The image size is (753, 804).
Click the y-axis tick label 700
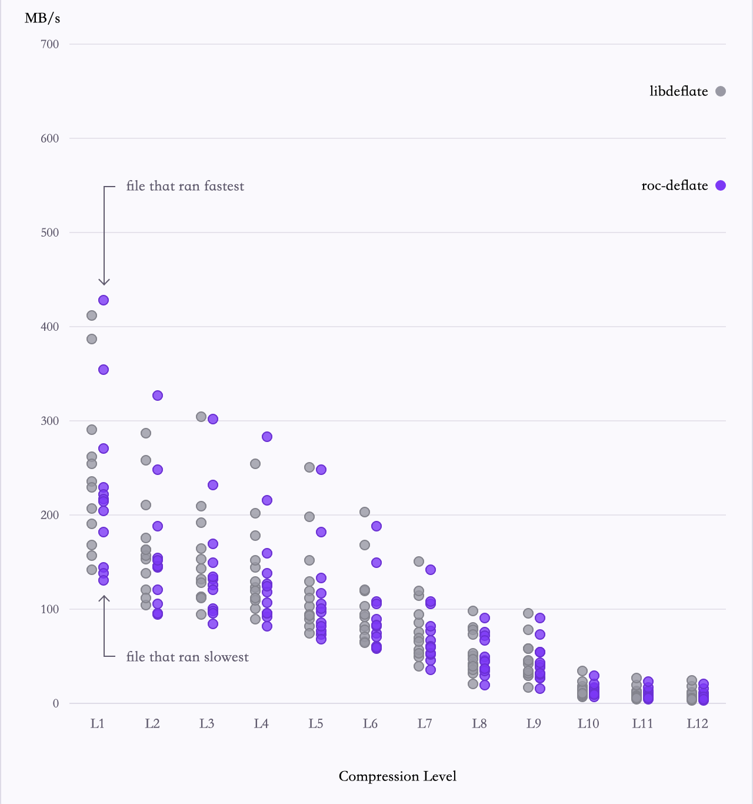[50, 44]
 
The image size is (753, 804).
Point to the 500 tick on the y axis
[50, 232]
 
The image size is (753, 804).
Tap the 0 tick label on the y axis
[56, 703]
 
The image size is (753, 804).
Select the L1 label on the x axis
[97, 723]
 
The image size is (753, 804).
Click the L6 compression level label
[370, 723]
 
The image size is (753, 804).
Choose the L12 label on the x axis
[697, 723]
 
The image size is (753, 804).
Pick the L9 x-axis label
[534, 723]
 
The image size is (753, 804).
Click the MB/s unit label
[42, 19]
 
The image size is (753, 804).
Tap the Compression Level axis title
[398, 776]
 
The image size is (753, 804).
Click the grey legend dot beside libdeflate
[721, 91]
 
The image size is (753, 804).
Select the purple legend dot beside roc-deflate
[721, 185]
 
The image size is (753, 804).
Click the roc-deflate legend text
[675, 185]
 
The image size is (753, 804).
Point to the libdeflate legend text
[679, 91]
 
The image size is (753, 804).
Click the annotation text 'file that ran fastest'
[185, 186]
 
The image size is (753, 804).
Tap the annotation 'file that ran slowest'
[188, 657]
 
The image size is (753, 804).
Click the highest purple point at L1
[104, 300]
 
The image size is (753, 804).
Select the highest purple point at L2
[158, 396]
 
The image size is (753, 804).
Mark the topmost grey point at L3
[201, 417]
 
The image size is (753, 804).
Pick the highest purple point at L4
[267, 436]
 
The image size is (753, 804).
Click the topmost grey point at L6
[365, 512]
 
